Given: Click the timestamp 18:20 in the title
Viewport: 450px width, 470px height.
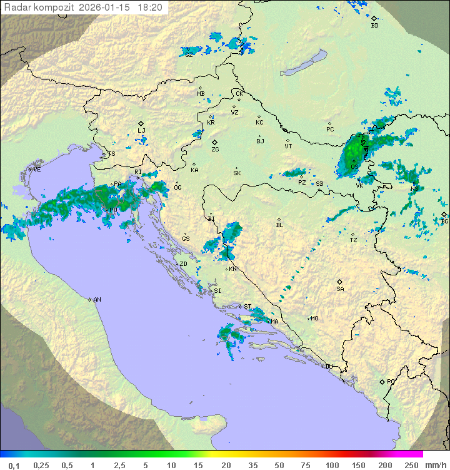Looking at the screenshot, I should pyautogui.click(x=150, y=8).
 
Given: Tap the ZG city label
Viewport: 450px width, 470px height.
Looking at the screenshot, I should pyautogui.click(x=215, y=150).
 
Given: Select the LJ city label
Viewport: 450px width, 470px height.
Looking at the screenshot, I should pyautogui.click(x=141, y=130).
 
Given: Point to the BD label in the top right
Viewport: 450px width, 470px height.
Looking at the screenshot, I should pyautogui.click(x=374, y=26).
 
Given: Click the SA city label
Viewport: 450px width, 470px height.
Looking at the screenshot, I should pyautogui.click(x=340, y=289).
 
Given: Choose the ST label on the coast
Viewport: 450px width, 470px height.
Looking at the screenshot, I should pyautogui.click(x=247, y=307).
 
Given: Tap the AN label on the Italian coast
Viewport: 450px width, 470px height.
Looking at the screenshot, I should pyautogui.click(x=97, y=300).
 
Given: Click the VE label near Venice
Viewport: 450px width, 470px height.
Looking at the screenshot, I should pyautogui.click(x=37, y=169).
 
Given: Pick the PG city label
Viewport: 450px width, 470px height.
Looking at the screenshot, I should pyautogui.click(x=391, y=381).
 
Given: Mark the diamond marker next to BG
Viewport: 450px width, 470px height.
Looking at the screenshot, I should pyautogui.click(x=444, y=214).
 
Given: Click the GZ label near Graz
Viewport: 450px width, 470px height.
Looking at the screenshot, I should pyautogui.click(x=189, y=54).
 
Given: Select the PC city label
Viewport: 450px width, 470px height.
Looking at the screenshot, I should pyautogui.click(x=330, y=130).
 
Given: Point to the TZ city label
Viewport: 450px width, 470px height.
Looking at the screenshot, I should pyautogui.click(x=354, y=240).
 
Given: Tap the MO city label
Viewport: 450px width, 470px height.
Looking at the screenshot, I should pyautogui.click(x=314, y=318).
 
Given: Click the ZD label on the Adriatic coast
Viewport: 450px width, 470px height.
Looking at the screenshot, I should pyautogui.click(x=183, y=264).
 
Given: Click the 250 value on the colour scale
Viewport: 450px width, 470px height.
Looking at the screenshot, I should pyautogui.click(x=411, y=465).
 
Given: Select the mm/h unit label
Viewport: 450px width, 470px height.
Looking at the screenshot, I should pyautogui.click(x=435, y=465).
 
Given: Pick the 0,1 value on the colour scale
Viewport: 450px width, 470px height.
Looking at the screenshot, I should pyautogui.click(x=14, y=465).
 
